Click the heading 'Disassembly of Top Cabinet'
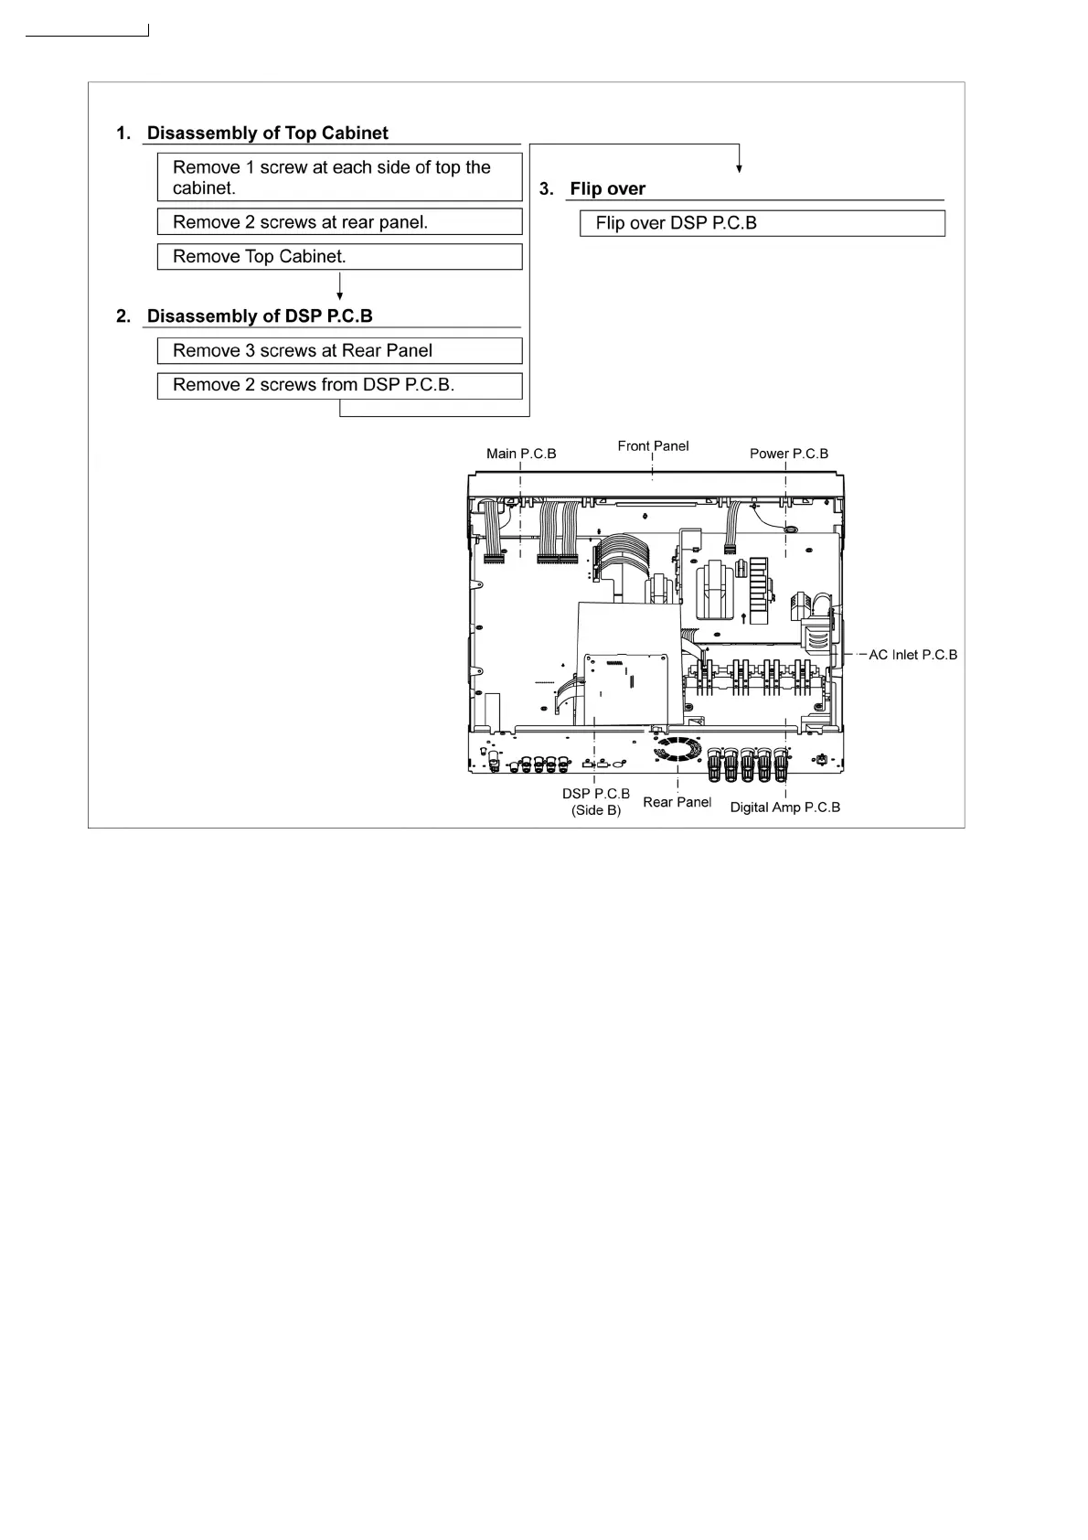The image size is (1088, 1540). tap(267, 134)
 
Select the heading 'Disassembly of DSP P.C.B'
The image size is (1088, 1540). tap(260, 316)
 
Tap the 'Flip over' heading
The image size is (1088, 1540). tap(607, 189)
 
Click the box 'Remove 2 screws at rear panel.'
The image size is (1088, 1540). tap(339, 222)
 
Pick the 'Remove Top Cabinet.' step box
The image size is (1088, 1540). tap(339, 257)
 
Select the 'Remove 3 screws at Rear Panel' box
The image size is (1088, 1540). tap(339, 351)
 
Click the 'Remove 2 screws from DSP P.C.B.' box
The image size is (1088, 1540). tap(339, 386)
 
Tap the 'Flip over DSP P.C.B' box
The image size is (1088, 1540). tap(762, 224)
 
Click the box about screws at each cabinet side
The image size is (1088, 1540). tap(339, 177)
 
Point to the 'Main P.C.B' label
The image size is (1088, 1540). tap(521, 454)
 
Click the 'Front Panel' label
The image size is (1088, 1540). tap(653, 446)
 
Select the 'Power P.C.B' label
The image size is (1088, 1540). tap(789, 454)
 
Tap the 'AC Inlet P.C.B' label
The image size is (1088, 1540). tap(912, 655)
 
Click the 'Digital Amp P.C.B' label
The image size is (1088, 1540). tap(784, 807)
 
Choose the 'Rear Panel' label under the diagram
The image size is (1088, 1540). tap(677, 802)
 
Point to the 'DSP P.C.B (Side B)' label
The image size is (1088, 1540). tap(596, 802)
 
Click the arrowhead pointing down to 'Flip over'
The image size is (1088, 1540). tap(739, 168)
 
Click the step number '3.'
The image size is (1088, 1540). tap(547, 189)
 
